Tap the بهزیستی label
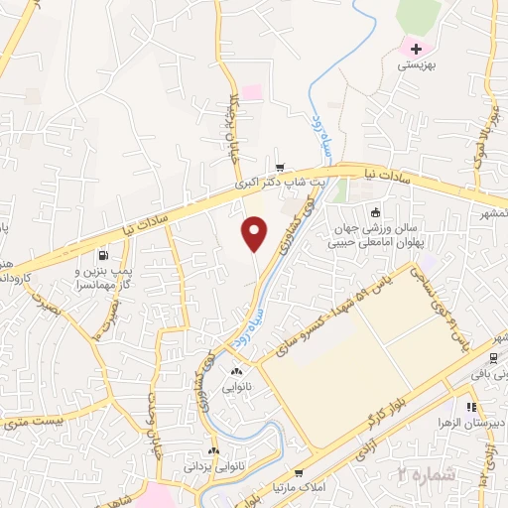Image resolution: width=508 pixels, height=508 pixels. click(x=417, y=64)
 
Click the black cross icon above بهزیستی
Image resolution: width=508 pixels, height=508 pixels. click(x=417, y=48)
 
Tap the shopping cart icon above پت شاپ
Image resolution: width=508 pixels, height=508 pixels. click(x=281, y=167)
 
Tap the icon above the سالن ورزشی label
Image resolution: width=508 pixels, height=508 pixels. click(x=375, y=211)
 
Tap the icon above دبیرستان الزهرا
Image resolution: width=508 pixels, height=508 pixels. click(x=471, y=406)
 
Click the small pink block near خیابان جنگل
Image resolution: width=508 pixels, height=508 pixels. click(x=252, y=91)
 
